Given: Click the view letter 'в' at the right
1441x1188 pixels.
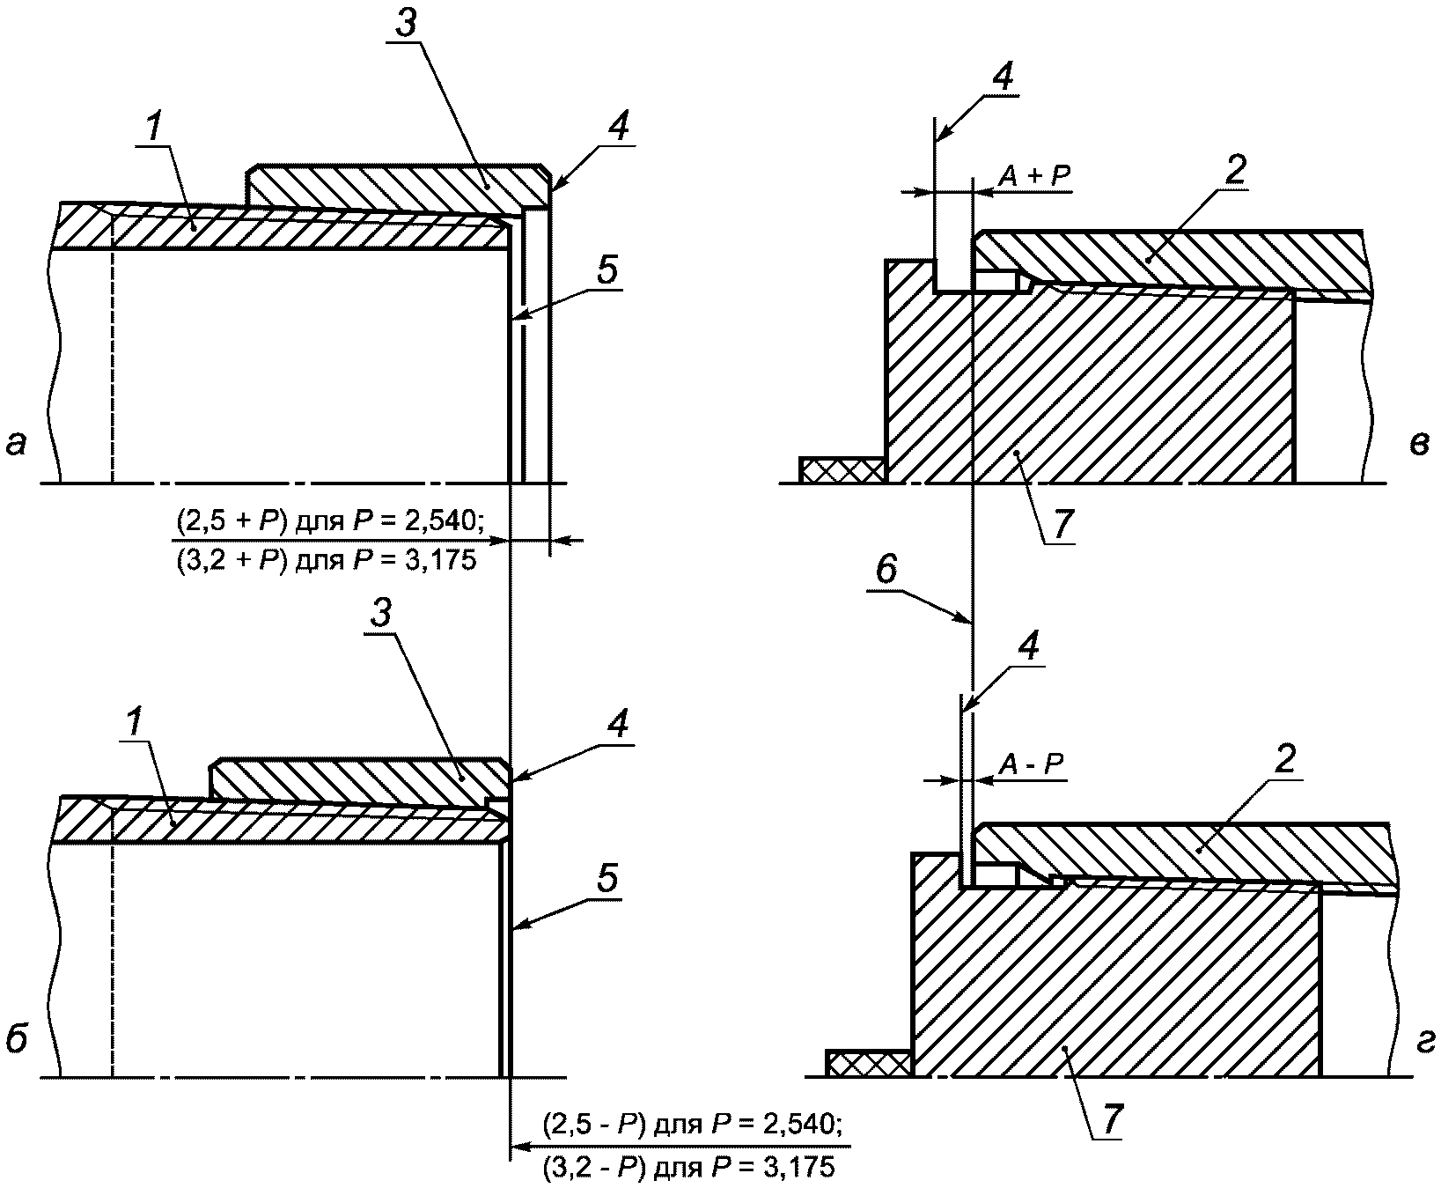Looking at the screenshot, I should click(x=1417, y=446).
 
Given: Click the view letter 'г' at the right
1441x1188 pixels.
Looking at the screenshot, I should click(x=1425, y=1043).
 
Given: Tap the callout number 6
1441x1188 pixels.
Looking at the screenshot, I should click(x=886, y=570).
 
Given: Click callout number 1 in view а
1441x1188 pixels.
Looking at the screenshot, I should click(x=152, y=129).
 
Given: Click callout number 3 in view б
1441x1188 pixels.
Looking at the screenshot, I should click(x=380, y=614).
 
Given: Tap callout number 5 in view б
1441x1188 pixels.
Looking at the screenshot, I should click(x=607, y=878).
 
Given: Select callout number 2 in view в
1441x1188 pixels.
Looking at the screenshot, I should click(x=1234, y=173).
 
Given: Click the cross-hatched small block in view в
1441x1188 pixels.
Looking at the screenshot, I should click(x=842, y=470).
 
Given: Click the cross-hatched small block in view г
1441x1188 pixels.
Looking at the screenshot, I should click(x=868, y=1063).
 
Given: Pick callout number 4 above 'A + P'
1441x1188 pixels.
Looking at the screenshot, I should click(x=1001, y=77).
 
